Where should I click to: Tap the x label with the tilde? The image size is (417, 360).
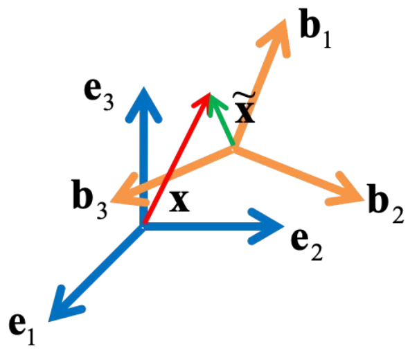click(245, 111)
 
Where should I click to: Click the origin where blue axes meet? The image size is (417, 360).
click(143, 227)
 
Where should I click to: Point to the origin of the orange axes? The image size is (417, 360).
click(233, 147)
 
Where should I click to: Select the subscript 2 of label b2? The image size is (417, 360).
click(396, 215)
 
